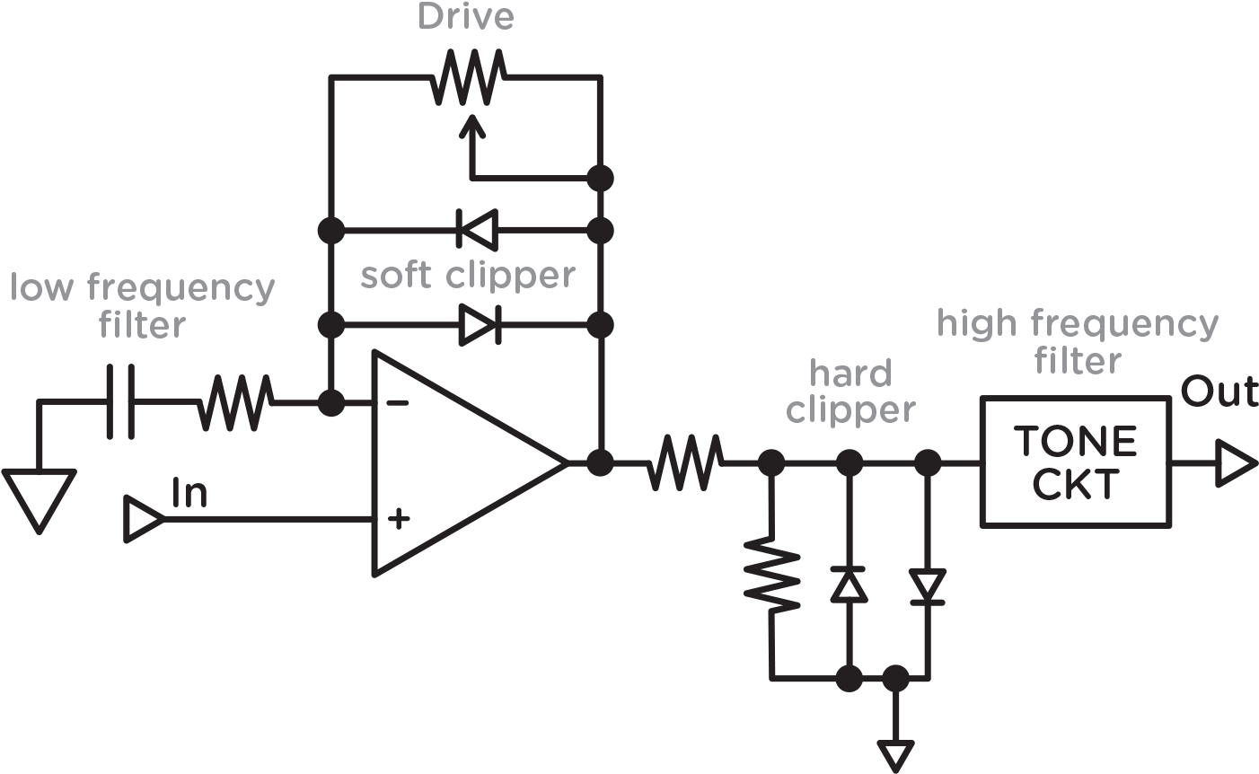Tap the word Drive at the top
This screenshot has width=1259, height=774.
[x=466, y=19]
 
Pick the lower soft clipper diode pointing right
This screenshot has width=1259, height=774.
[x=477, y=324]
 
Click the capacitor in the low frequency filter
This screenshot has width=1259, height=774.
[x=119, y=401]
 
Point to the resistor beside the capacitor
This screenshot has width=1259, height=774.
[x=234, y=401]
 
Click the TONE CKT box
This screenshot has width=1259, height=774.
[x=1075, y=462]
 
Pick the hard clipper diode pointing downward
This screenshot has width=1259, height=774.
[x=927, y=587]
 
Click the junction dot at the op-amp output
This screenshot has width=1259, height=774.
[x=600, y=463]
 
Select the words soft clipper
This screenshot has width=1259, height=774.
[x=467, y=276]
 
